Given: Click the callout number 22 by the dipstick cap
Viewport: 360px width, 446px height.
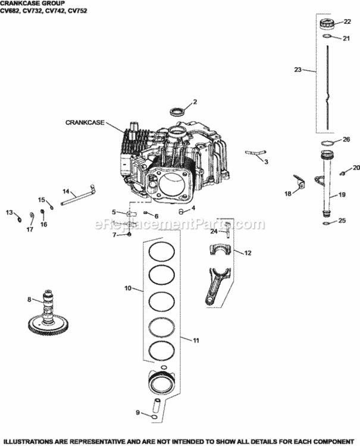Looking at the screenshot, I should pos(348,22).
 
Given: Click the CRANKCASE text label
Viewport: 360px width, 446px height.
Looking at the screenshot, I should pos(85,123).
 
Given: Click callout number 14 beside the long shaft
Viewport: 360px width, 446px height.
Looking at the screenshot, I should pos(67,191).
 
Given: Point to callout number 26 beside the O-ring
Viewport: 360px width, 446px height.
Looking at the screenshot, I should pos(347,140).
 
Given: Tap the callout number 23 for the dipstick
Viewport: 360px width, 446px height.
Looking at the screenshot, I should pos(298,70).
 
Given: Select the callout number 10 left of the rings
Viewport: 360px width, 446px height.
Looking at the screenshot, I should pos(127,289).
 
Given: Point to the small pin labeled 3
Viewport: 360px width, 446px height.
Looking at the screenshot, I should pos(255,153).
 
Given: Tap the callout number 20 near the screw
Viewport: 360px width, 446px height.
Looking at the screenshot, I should pos(356,168).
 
